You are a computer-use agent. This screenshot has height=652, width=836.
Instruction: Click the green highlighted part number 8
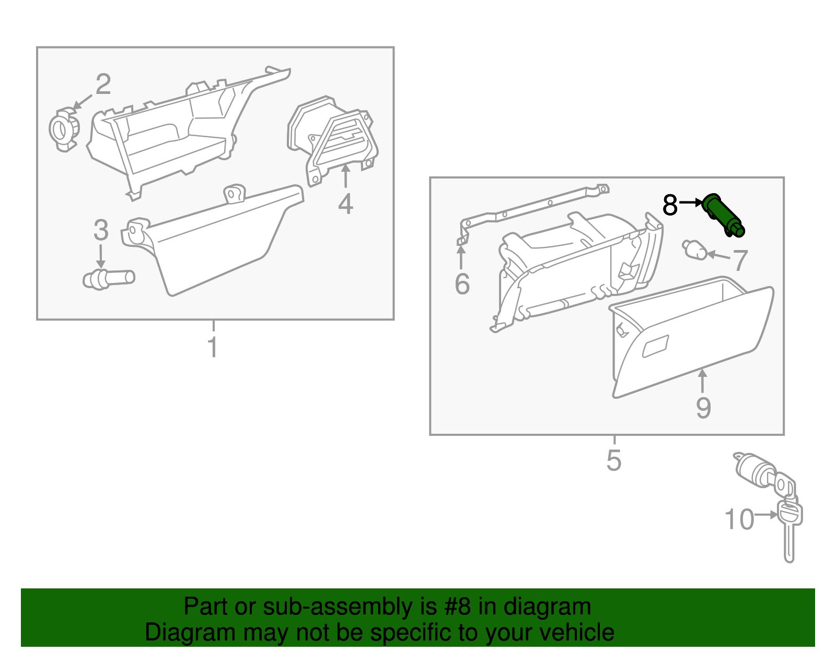(724, 215)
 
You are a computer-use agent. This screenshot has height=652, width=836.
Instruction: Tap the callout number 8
(670, 205)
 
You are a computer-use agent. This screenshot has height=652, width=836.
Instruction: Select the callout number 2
(103, 84)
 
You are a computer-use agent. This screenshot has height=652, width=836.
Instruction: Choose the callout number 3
(101, 230)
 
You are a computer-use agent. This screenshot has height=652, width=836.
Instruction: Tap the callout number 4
(345, 204)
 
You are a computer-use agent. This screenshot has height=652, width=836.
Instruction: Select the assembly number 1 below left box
(213, 347)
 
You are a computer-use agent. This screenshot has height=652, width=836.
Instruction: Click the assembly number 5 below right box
(614, 460)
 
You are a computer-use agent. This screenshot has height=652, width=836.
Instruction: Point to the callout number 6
(462, 284)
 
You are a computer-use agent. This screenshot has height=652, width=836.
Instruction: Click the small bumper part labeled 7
(694, 249)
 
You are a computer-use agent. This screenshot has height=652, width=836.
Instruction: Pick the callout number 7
(740, 260)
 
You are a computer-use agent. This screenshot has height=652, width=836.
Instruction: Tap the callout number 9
(703, 408)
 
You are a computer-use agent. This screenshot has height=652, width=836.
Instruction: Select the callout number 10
(739, 519)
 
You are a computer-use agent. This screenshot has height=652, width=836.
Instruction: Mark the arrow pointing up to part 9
(703, 380)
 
